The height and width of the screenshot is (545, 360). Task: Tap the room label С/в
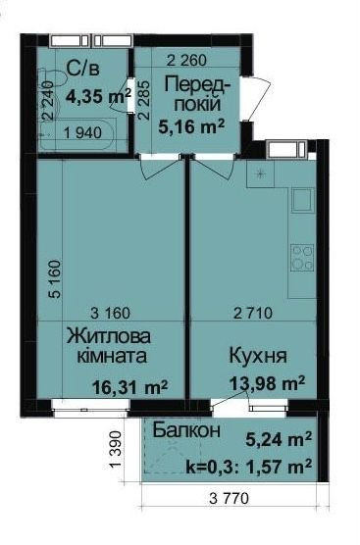coord(80,71)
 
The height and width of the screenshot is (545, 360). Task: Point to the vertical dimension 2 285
coord(145,99)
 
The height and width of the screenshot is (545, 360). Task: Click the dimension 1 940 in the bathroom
coord(85,135)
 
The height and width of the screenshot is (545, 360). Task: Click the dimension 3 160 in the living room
coord(111,314)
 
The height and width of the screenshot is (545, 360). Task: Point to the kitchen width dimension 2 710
coord(255,314)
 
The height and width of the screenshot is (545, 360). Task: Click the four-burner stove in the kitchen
coord(301,258)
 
